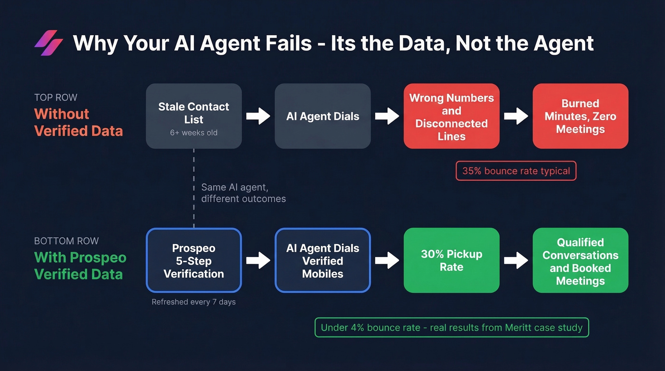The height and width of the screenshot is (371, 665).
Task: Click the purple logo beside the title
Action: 48,43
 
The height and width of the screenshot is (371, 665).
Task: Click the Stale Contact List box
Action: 194,116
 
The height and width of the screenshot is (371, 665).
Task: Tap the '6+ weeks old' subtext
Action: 194,133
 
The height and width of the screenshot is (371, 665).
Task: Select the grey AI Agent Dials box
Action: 323,116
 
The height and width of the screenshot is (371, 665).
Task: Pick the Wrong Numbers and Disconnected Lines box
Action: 451,116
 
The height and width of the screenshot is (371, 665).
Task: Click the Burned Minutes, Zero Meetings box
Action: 580,116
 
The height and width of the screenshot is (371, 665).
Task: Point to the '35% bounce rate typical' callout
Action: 516,171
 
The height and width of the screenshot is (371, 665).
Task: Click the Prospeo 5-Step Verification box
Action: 194,260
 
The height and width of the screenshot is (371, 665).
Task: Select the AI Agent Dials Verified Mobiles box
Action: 323,260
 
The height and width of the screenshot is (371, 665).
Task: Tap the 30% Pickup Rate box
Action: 451,260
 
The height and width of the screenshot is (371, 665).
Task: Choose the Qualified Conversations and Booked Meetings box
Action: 580,260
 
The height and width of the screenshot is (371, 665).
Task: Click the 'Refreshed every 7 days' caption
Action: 194,302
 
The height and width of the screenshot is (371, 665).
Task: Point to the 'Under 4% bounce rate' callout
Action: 452,328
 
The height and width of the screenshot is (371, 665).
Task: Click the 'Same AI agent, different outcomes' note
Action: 243,193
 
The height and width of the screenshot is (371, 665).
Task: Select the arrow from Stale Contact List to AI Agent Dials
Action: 258,116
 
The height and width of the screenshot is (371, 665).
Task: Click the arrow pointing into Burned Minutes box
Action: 516,116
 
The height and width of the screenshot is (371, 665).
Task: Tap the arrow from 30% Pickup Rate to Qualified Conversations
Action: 516,260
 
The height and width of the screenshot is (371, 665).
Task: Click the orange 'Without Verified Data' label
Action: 78,122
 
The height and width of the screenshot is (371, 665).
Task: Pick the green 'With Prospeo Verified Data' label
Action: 80,266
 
